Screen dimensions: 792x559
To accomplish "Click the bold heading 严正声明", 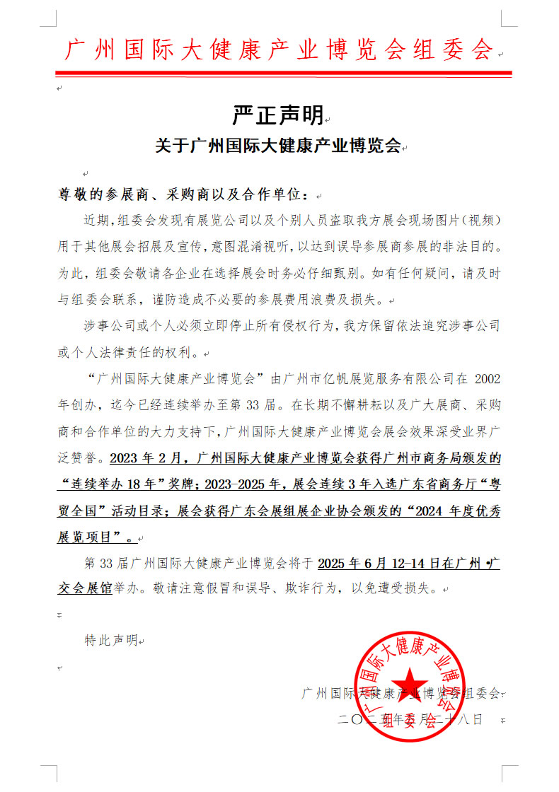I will (x=277, y=114).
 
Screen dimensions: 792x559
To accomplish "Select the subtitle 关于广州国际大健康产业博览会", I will (x=278, y=146).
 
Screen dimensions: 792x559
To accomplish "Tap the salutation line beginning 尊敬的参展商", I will (x=183, y=194).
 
